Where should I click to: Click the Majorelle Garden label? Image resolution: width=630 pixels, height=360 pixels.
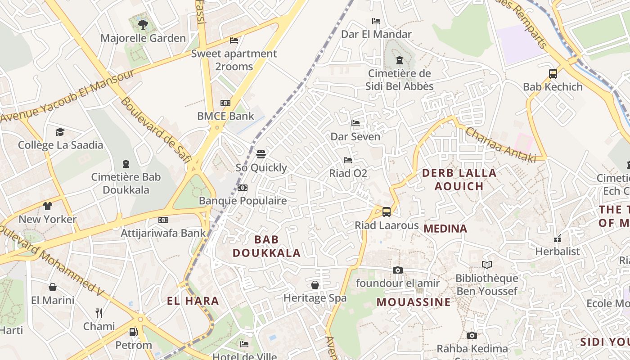pos(143,38)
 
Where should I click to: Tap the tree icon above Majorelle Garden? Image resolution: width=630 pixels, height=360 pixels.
pos(143,24)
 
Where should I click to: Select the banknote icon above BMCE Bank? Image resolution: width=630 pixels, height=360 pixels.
pos(225,103)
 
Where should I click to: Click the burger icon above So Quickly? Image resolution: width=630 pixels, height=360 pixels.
pos(261,154)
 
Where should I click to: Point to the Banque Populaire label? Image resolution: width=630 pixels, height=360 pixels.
pos(243,201)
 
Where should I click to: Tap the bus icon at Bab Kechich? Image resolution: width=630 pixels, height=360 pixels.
pos(553,74)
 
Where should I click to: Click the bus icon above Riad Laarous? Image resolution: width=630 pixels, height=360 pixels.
pos(387,212)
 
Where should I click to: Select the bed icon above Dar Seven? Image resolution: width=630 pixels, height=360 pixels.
pos(355,123)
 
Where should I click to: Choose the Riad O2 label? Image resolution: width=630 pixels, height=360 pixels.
pos(348,173)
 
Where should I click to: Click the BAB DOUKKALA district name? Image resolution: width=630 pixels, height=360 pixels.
pos(266,246)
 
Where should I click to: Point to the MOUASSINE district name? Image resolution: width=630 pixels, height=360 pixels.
pos(414,302)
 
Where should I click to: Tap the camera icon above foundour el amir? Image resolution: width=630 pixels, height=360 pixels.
pos(397,270)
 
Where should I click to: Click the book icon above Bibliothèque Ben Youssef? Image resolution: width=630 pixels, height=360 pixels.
pos(486,265)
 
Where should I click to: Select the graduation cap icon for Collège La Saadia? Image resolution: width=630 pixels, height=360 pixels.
pos(60,132)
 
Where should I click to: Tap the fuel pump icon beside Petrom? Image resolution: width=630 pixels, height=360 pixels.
pos(133,332)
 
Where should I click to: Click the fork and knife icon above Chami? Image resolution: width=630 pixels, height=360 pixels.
pos(99,313)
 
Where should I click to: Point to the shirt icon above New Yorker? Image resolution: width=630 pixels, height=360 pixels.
pos(48,206)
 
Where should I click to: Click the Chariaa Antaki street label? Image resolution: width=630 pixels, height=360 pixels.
pos(500,145)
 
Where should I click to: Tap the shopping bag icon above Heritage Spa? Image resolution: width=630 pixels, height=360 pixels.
pos(315,285)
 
